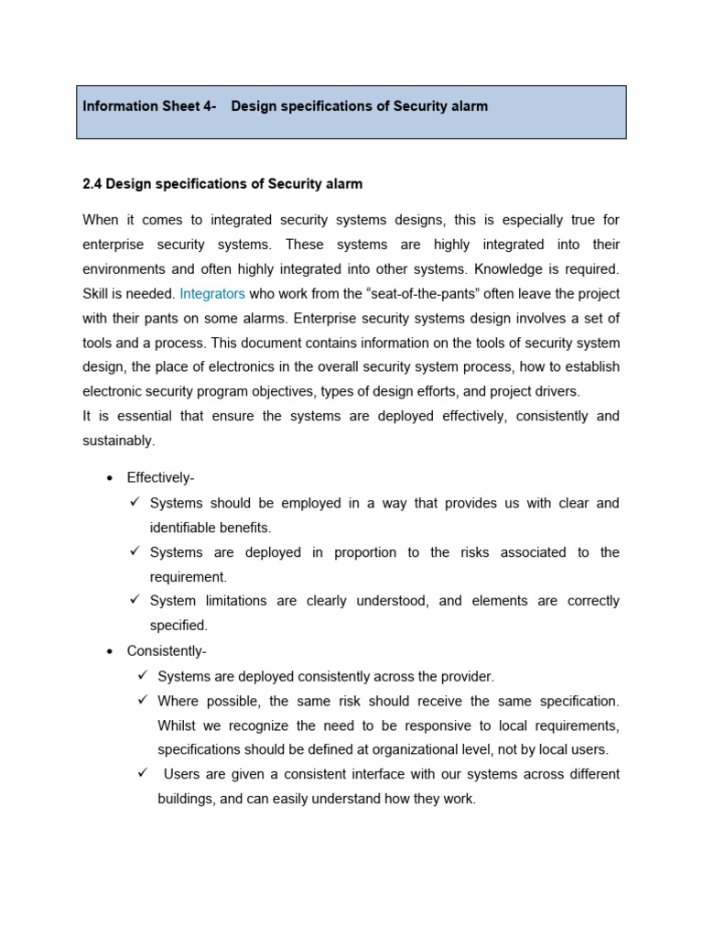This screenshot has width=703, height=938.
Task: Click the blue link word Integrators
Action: pyautogui.click(x=212, y=294)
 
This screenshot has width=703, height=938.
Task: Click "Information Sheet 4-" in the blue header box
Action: pyautogui.click(x=149, y=106)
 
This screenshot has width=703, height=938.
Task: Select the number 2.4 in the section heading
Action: pyautogui.click(x=92, y=184)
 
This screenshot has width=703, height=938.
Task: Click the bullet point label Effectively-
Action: pyautogui.click(x=160, y=478)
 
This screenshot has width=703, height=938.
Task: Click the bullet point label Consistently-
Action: pyautogui.click(x=167, y=651)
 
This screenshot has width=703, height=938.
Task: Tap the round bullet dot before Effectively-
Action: pyautogui.click(x=110, y=479)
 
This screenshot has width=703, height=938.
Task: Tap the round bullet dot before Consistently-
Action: pyautogui.click(x=110, y=652)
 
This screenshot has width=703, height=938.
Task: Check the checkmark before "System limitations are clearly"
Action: pyautogui.click(x=135, y=600)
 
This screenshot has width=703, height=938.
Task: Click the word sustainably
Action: pyautogui.click(x=118, y=441)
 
